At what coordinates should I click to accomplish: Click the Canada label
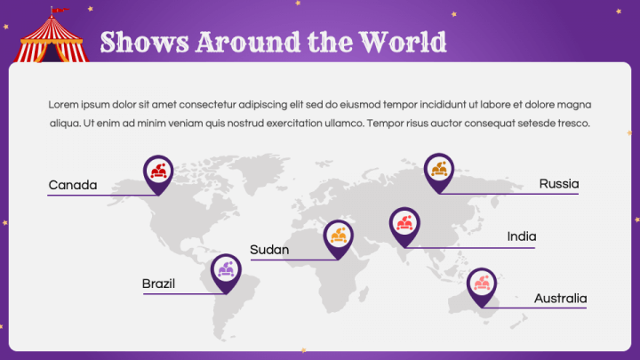click(x=73, y=185)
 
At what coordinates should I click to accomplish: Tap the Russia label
click(x=559, y=184)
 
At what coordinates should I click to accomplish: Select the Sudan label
click(x=269, y=250)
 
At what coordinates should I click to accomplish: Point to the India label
click(x=522, y=236)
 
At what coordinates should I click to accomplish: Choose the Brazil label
click(x=158, y=284)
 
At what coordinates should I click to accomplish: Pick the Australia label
click(x=560, y=298)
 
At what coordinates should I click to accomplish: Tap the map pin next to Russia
click(x=438, y=169)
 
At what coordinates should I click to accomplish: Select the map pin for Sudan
click(x=338, y=236)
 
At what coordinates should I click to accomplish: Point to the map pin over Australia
click(x=482, y=284)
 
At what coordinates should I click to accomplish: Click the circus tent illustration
click(x=53, y=40)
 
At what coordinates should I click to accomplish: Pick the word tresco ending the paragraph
click(x=570, y=123)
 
